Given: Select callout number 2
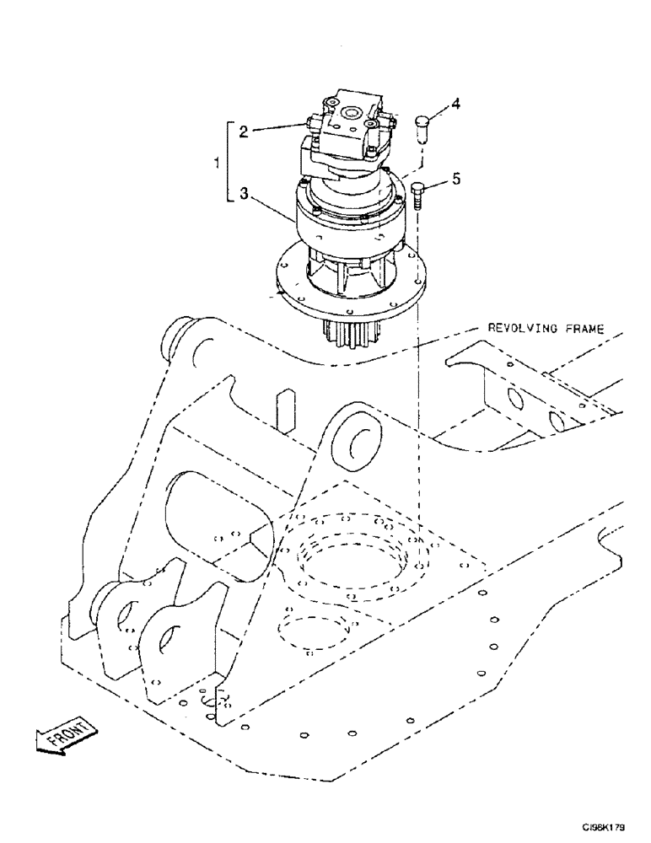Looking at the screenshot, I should pos(242,132).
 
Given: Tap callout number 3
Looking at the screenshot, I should pos(242,195).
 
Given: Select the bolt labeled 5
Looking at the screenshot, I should pos(422,196).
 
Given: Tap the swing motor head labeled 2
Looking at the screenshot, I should pos(346,131).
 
